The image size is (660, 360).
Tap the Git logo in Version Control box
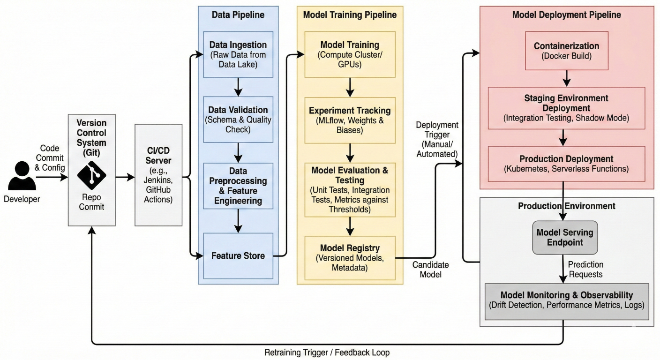(91, 175)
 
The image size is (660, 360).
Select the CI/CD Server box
(158, 174)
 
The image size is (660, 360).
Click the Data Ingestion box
(238, 54)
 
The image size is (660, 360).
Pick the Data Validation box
(238, 119)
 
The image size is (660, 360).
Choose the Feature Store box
(238, 255)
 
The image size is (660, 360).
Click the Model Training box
(350, 54)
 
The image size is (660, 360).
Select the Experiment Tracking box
(350, 120)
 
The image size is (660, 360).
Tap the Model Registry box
(350, 257)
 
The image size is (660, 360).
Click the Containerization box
(566, 51)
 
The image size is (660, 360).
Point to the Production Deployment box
(566, 164)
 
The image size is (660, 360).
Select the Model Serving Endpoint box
(564, 237)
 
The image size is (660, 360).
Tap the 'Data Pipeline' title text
(238, 15)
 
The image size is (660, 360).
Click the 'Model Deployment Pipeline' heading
(566, 15)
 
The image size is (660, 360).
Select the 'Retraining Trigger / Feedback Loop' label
(327, 352)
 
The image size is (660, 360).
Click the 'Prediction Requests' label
(586, 269)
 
